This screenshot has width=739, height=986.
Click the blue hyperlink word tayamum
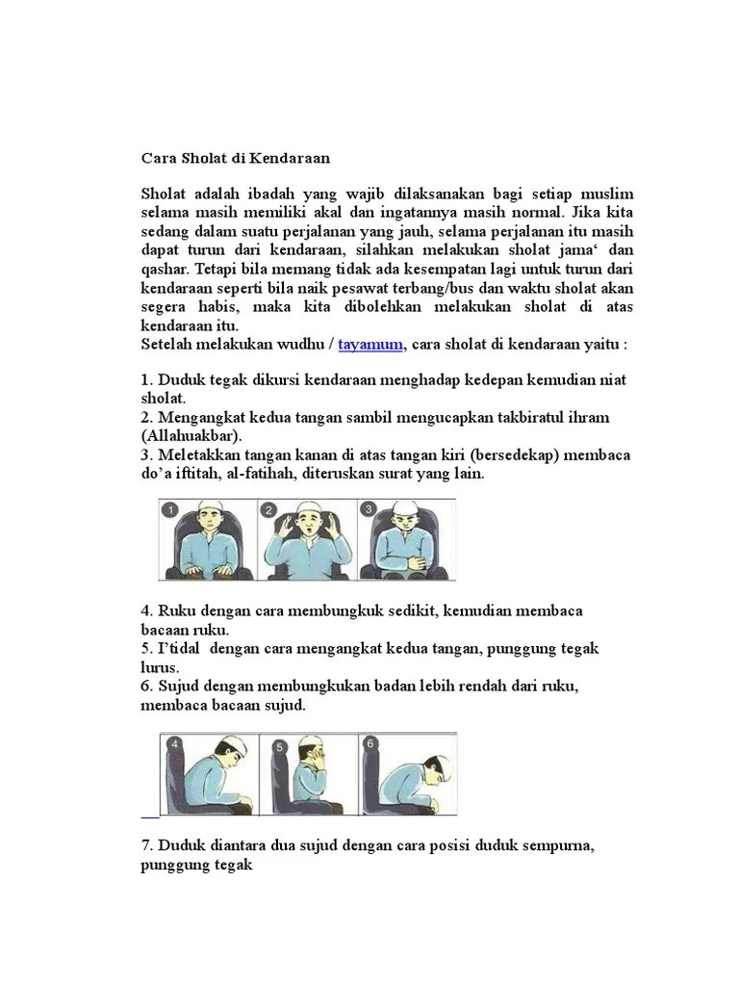[370, 345]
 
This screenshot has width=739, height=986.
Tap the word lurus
[161, 667]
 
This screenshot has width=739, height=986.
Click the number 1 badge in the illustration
[171, 509]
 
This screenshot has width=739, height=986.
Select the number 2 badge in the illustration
[270, 509]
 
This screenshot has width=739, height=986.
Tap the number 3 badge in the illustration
[369, 509]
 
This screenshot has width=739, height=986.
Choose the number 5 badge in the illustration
[278, 744]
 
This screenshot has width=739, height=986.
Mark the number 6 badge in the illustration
[370, 742]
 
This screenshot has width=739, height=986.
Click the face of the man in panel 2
[306, 526]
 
